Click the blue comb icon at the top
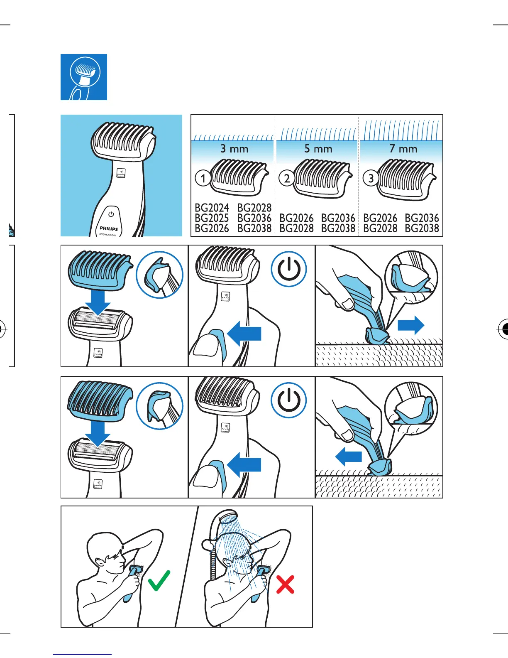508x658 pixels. click(x=84, y=77)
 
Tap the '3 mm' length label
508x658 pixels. click(x=234, y=149)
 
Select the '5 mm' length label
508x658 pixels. click(x=318, y=149)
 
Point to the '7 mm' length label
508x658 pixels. click(x=403, y=149)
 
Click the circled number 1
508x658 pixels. click(x=203, y=179)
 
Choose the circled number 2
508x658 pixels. click(x=287, y=179)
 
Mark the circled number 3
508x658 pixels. click(x=371, y=179)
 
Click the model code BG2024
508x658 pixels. click(x=212, y=208)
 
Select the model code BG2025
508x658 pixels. click(x=212, y=218)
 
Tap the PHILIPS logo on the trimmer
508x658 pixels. click(x=109, y=228)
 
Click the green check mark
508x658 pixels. click(x=159, y=580)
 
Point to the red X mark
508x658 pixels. click(x=285, y=584)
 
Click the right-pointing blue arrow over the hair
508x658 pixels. click(x=411, y=325)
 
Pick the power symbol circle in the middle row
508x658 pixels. click(x=289, y=269)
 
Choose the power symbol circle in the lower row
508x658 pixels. click(x=289, y=400)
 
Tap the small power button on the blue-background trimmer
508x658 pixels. click(x=111, y=214)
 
